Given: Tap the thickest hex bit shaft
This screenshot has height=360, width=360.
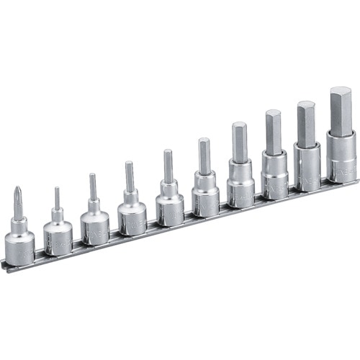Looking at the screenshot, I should click(x=341, y=109).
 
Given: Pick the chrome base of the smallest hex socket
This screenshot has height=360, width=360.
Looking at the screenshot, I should click(x=58, y=234).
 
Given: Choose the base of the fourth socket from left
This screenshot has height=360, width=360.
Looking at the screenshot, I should click(x=132, y=217).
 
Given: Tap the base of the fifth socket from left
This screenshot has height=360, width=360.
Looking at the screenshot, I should click(x=170, y=209).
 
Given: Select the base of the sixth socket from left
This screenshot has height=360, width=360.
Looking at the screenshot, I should click(x=206, y=199).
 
